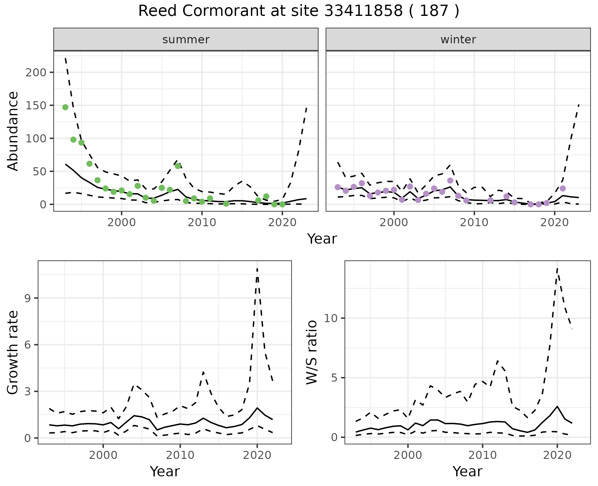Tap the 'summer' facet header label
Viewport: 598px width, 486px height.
[186, 40]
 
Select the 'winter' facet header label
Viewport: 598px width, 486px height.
[458, 40]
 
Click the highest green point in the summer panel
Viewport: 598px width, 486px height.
[65, 107]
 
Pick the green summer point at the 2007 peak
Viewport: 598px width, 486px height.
[178, 166]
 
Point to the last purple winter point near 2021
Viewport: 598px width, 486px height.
[562, 188]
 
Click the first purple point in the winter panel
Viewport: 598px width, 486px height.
[338, 187]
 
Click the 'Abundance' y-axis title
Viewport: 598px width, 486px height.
[13, 131]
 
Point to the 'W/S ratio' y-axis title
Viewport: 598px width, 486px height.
[311, 352]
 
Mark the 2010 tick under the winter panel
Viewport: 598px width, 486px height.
[474, 222]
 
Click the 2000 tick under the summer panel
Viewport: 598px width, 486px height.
[121, 222]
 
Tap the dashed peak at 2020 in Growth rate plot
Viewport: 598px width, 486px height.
[257, 269]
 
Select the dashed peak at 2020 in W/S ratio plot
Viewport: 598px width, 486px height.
[557, 269]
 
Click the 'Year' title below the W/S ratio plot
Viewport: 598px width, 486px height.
[467, 471]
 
